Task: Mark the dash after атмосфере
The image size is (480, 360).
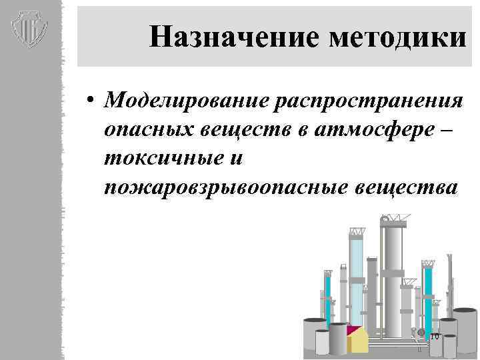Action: pyautogui.click(x=446, y=130)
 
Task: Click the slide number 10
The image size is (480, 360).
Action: pyautogui.click(x=434, y=336)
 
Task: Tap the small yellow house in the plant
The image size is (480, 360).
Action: pyautogui.click(x=357, y=339)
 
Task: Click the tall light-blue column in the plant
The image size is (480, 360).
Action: pyautogui.click(x=357, y=280)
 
